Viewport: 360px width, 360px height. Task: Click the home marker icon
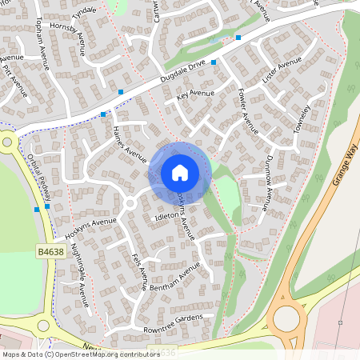[180, 172]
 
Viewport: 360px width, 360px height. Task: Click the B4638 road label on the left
[50, 250]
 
